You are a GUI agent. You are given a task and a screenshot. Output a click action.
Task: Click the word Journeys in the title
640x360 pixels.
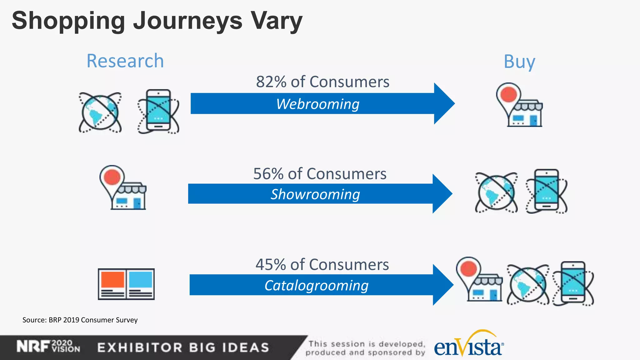188,21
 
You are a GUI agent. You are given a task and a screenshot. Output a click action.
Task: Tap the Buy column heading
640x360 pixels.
519,62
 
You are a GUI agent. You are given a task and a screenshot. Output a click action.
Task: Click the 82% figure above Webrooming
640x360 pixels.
271,82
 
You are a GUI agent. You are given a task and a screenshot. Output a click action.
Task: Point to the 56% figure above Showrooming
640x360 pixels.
268,174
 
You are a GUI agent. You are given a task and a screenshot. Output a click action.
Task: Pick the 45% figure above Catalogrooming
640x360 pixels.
271,265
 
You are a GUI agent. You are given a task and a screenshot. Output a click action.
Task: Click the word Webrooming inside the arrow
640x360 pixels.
318,104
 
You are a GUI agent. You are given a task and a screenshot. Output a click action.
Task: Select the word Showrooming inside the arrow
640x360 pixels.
315,194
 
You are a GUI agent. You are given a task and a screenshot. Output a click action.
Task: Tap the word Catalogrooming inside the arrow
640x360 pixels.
316,285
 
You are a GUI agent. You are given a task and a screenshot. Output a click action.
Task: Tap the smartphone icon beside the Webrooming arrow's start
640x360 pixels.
158,111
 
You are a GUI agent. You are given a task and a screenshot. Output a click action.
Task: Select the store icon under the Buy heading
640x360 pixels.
520,106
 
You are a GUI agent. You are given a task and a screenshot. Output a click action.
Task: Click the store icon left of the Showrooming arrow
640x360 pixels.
124,189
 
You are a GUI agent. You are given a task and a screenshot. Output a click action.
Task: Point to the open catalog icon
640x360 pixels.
126,284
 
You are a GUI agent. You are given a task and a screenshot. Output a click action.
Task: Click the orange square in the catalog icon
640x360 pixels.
112,279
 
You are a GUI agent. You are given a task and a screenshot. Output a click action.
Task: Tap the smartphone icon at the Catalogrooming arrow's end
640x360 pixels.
573,283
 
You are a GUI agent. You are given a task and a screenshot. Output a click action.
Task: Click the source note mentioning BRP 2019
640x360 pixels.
80,320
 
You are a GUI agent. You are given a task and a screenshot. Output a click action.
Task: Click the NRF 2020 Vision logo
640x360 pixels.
48,347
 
